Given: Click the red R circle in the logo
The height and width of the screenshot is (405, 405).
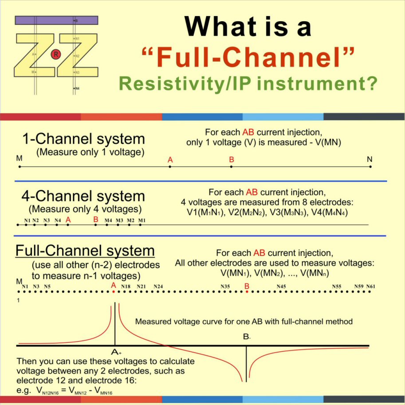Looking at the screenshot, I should pyautogui.click(x=55, y=54).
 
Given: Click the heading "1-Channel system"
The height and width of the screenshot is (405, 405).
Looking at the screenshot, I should pyautogui.click(x=84, y=139).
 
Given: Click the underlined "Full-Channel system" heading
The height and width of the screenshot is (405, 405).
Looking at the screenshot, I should pyautogui.click(x=85, y=251).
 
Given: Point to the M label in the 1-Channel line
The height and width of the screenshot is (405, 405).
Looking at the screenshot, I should pyautogui.click(x=19, y=158).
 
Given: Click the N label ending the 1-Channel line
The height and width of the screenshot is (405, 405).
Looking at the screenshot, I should pyautogui.click(x=370, y=158).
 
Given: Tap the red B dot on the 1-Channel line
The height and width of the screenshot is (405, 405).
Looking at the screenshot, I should pyautogui.click(x=231, y=167).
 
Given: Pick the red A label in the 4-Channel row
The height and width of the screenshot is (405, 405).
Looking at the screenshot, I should pyautogui.click(x=68, y=219).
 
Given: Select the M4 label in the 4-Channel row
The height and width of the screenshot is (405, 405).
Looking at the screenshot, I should pyautogui.click(x=108, y=220).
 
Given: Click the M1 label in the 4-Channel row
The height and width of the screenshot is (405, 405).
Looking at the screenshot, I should pyautogui.click(x=142, y=220).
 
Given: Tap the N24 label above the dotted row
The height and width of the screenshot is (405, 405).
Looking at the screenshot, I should pyautogui.click(x=158, y=287).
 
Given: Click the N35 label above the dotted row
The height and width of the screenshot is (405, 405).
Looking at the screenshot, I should pyautogui.click(x=225, y=287).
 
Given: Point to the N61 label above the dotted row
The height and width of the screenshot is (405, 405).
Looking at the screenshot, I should pyautogui.click(x=371, y=287).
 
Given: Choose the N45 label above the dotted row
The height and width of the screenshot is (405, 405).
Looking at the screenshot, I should pyautogui.click(x=281, y=287).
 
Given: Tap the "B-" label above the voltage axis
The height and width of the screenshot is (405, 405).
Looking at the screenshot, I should pyautogui.click(x=247, y=338).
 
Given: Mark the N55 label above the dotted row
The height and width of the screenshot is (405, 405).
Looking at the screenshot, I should pyautogui.click(x=337, y=287).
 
